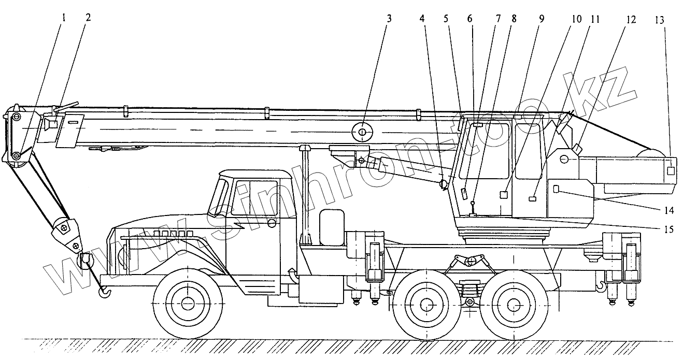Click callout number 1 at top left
64,17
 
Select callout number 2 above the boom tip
88,17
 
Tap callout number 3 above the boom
389,19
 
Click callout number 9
541,19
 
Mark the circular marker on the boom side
362,133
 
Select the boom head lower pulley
17,155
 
